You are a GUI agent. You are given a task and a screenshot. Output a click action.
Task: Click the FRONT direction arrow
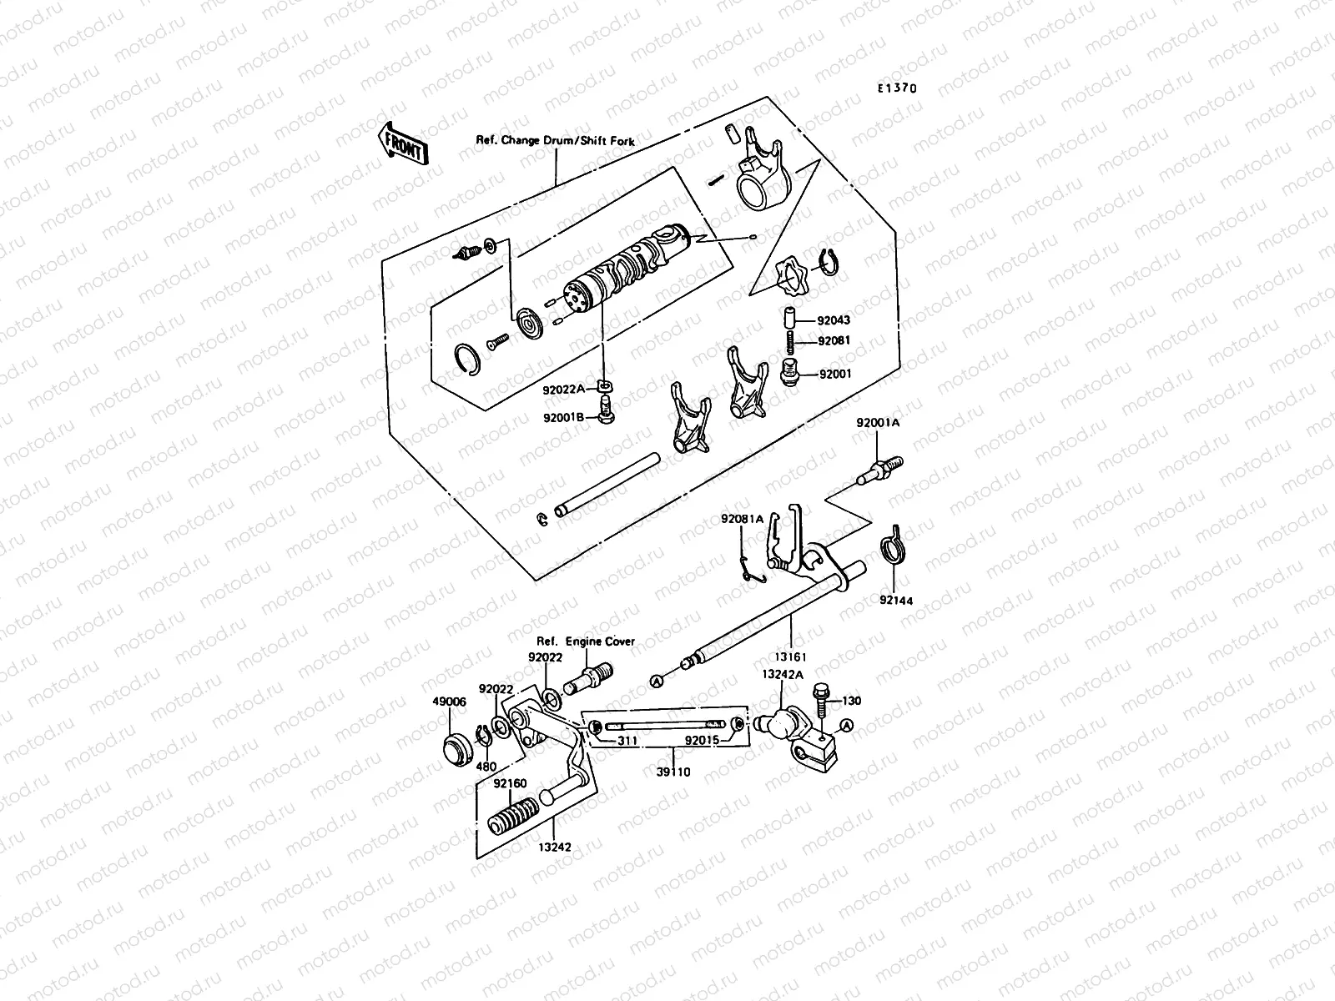(x=404, y=143)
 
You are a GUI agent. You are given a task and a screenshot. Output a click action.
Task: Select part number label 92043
(x=834, y=320)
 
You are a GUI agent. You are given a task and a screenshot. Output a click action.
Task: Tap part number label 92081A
(x=742, y=519)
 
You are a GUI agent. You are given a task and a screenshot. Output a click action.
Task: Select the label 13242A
(x=782, y=673)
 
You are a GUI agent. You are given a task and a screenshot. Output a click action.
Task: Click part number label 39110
(x=673, y=772)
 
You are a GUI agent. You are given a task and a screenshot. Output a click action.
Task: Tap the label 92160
(x=509, y=783)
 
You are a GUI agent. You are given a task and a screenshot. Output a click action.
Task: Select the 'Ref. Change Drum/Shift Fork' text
(x=555, y=141)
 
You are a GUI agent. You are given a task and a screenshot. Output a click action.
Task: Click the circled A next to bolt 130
(x=848, y=724)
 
